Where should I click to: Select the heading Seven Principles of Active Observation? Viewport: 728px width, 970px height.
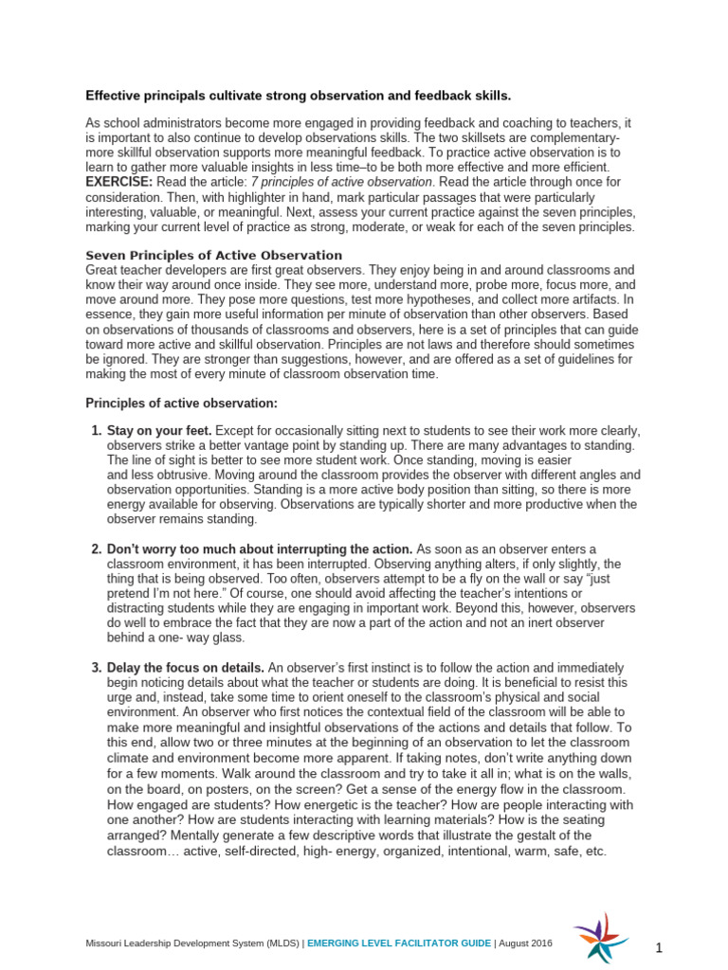pos(214,256)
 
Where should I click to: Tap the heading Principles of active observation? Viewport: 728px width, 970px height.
pos(182,404)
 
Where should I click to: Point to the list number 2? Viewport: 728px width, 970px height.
pos(96,549)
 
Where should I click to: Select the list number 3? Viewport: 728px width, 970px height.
pos(96,668)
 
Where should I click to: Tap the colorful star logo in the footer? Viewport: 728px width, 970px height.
pos(599,937)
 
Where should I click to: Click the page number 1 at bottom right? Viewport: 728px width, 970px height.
pos(657,947)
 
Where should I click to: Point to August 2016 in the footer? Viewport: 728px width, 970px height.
pos(526,943)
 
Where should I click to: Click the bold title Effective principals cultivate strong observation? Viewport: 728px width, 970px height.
pos(298,96)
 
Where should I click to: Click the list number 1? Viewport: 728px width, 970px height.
pos(96,431)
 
